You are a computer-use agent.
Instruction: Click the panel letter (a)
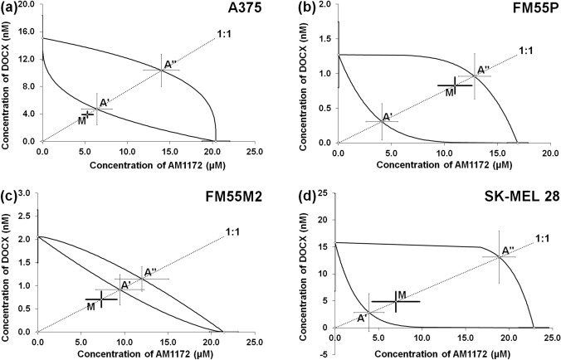pos(10,7)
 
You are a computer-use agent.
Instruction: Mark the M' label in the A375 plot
pos(83,120)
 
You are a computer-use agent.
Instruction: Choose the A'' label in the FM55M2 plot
pos(150,271)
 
